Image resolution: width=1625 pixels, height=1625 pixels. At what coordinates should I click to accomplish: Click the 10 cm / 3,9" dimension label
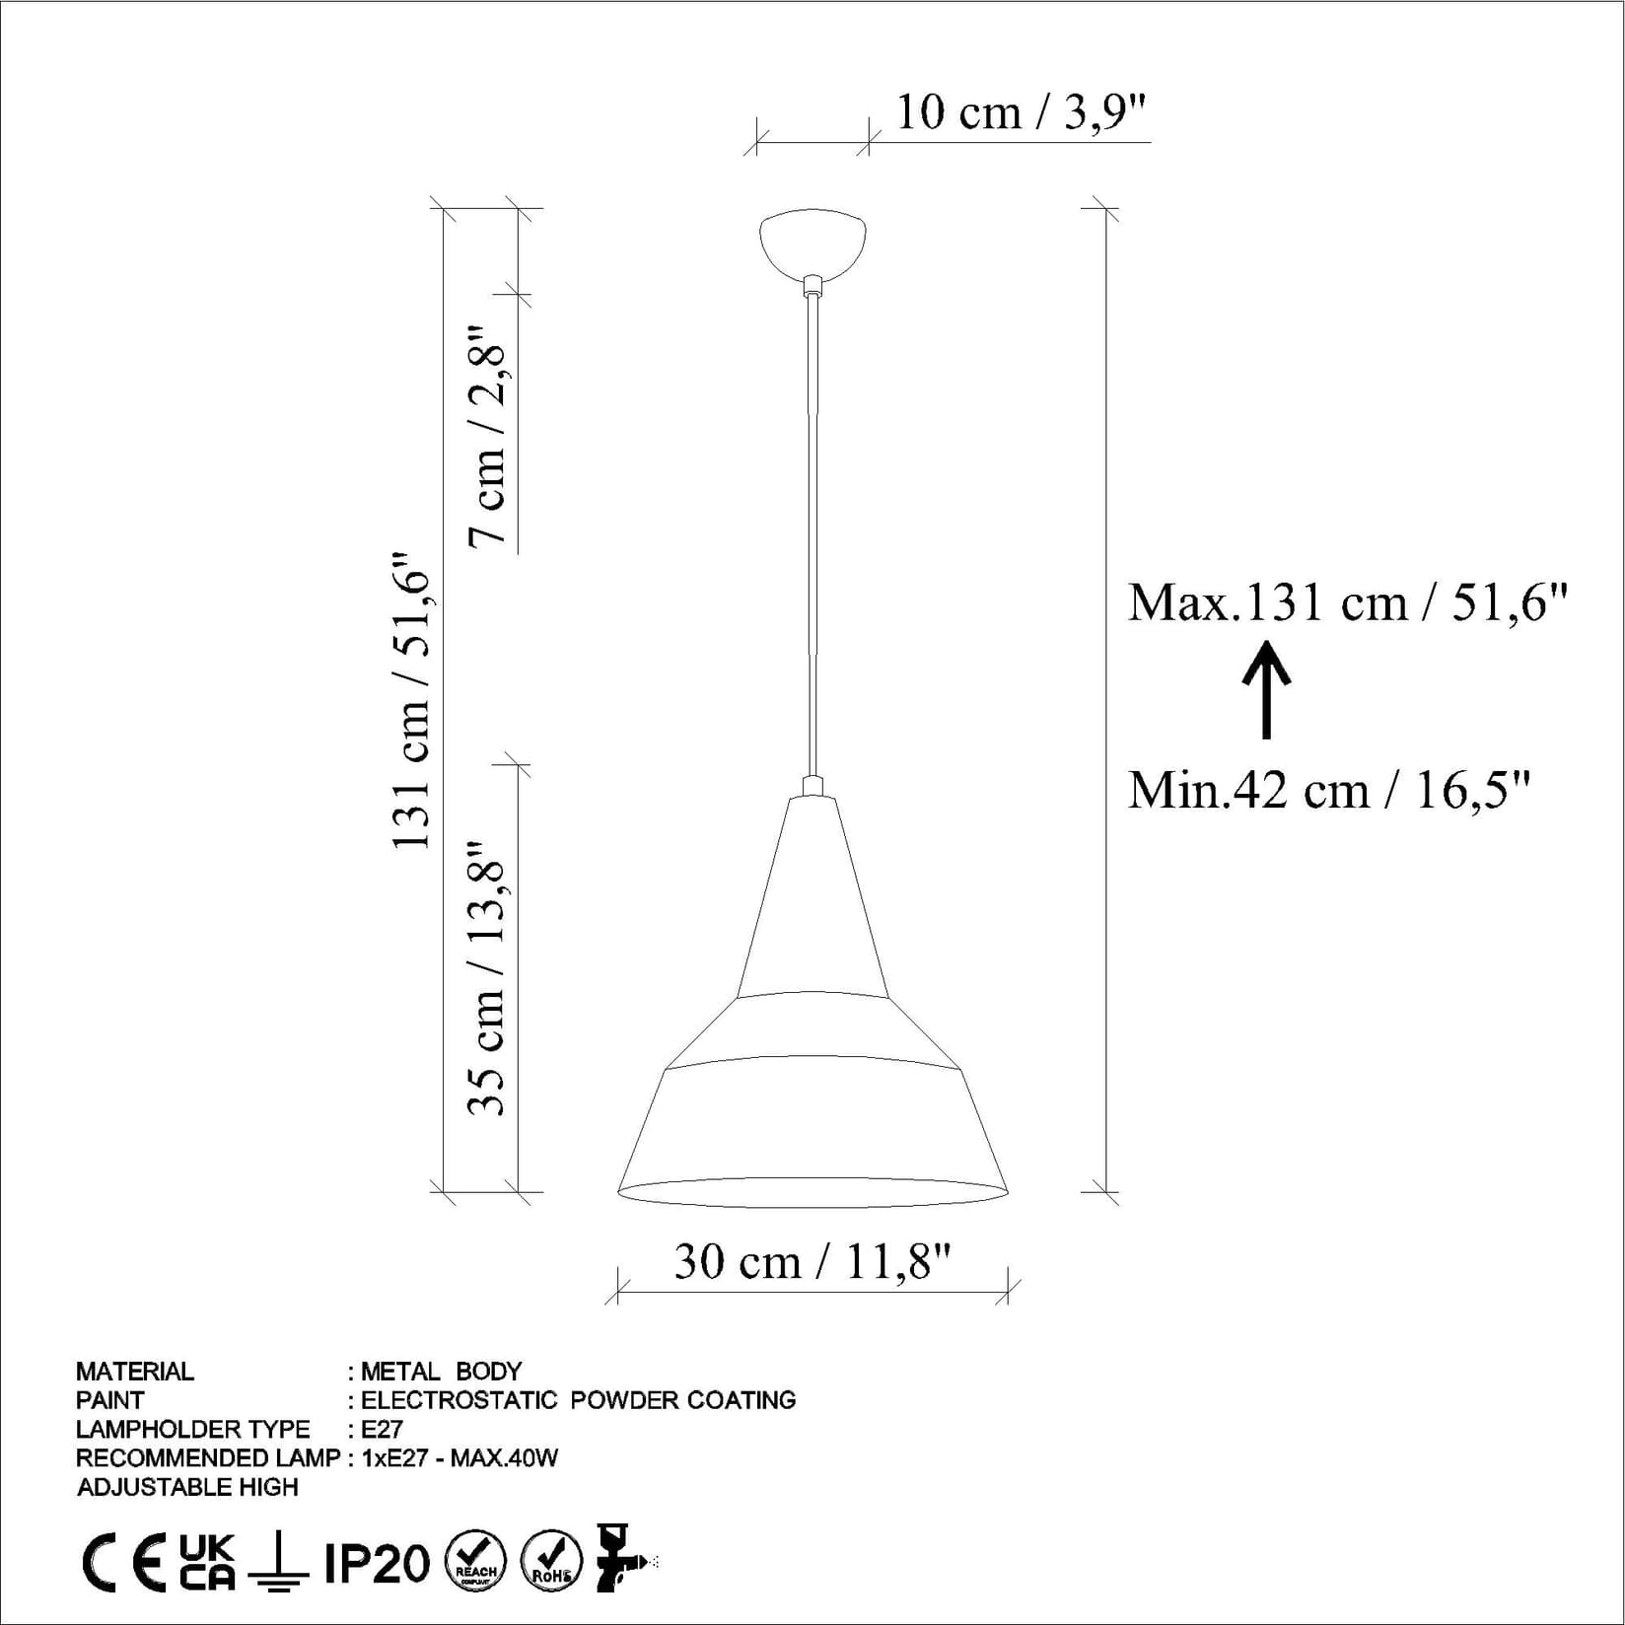(x=1021, y=112)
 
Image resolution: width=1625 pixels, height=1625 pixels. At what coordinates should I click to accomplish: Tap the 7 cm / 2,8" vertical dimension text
(x=489, y=435)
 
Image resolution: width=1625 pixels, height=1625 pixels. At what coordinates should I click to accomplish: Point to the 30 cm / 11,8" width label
(x=812, y=1261)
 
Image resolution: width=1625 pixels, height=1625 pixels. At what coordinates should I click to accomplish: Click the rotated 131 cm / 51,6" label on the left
(x=412, y=700)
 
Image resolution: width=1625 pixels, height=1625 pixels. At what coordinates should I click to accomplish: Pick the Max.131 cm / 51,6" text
(x=1347, y=602)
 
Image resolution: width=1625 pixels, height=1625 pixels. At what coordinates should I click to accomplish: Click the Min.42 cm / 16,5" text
(x=1329, y=790)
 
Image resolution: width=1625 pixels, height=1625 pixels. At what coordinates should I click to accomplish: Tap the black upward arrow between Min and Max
(x=1266, y=690)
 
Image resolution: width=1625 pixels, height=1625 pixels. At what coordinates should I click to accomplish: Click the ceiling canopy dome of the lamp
(x=812, y=241)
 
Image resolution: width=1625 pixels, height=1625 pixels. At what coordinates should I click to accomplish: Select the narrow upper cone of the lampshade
(x=812, y=897)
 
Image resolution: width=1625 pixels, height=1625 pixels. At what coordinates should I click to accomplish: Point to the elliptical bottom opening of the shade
(x=812, y=1192)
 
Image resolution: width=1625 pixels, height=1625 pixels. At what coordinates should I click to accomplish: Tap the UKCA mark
(x=208, y=1563)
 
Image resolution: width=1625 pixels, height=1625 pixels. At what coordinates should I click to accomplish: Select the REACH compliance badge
(x=475, y=1563)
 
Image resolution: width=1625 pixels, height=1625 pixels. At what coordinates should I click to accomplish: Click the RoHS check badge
(x=551, y=1563)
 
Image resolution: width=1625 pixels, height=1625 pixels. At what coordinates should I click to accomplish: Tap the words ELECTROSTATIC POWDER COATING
(x=578, y=1400)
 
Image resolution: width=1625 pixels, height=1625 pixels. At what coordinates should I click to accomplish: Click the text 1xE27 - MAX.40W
(x=459, y=1457)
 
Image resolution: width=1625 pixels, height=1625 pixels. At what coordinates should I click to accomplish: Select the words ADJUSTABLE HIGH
(x=187, y=1487)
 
